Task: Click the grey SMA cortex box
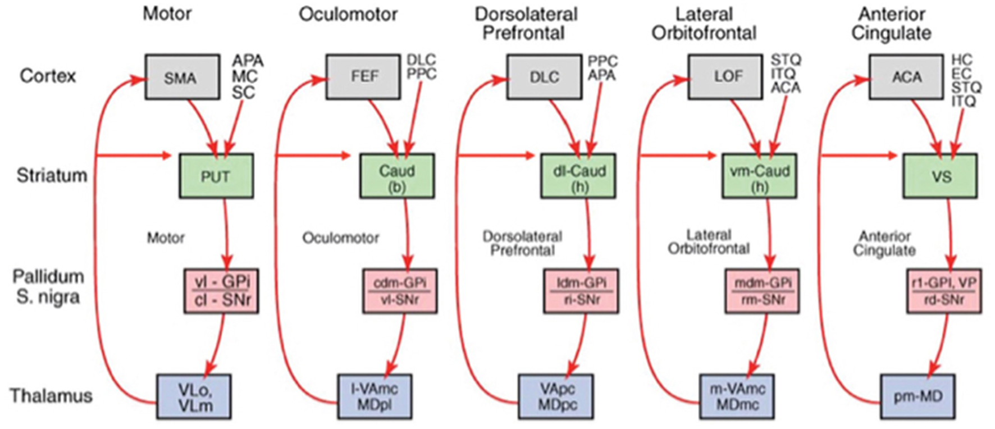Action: [182, 77]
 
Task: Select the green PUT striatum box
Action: [216, 176]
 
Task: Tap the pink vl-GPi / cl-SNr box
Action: [221, 291]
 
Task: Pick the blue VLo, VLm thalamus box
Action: [194, 397]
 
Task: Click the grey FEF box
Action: [363, 77]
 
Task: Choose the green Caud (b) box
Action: [396, 176]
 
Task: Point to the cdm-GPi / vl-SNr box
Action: [399, 291]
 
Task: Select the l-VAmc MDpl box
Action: [375, 397]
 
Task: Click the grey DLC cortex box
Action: [544, 77]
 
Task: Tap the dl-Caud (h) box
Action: [578, 176]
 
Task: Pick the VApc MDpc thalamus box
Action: [555, 397]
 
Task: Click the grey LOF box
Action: [725, 77]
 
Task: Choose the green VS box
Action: [939, 176]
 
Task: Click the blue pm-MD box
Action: [917, 397]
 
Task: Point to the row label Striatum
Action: [52, 175]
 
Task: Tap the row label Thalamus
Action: [51, 395]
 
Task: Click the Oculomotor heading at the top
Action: [348, 14]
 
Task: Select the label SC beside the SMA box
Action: [243, 93]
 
